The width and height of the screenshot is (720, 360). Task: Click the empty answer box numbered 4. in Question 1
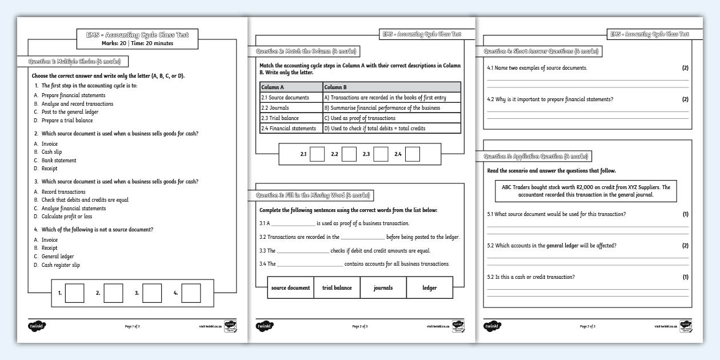191,293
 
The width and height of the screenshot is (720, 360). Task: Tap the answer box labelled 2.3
381,154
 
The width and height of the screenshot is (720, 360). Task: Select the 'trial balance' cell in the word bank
337,288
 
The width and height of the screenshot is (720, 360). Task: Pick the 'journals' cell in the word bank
383,288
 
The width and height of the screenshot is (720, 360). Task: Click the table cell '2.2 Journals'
291,107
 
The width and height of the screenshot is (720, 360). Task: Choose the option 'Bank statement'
59,161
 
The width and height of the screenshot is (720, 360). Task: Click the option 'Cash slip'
51,152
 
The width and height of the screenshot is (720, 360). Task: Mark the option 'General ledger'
58,257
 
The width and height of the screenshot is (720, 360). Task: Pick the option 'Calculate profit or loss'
67,217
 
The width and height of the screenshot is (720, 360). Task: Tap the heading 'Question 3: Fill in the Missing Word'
313,195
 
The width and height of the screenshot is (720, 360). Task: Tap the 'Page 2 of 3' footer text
360,326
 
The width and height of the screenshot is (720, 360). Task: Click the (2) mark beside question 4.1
685,68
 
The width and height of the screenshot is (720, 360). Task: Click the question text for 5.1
556,214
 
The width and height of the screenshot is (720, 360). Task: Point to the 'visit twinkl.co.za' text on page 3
665,326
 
